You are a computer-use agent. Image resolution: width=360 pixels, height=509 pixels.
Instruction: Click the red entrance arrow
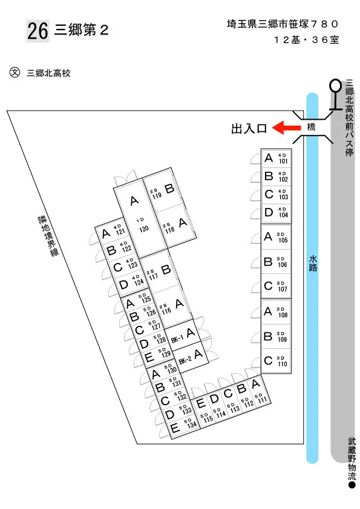(x=286, y=128)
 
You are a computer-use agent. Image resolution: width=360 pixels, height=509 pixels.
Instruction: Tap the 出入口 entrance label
(x=249, y=129)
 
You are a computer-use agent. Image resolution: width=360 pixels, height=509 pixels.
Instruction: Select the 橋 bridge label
(x=311, y=127)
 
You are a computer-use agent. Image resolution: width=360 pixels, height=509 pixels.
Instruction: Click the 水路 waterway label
(x=313, y=263)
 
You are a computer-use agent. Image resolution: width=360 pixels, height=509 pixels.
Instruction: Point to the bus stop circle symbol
(x=335, y=85)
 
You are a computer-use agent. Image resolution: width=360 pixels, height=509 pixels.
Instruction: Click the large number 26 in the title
(x=38, y=31)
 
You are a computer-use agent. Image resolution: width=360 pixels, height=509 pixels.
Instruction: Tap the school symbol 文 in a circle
(x=15, y=73)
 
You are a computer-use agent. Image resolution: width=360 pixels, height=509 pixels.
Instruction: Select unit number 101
(x=283, y=161)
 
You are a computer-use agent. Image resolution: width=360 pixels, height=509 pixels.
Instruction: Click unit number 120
(x=144, y=229)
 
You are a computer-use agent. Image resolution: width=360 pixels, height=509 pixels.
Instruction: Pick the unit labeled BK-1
(x=177, y=339)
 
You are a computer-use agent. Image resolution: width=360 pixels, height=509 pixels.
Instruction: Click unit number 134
(x=192, y=424)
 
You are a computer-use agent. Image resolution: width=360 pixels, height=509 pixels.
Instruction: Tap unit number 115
(x=208, y=419)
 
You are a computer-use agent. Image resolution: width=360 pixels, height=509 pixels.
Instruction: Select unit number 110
(x=283, y=364)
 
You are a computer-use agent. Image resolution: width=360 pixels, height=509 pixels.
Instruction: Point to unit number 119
(x=157, y=196)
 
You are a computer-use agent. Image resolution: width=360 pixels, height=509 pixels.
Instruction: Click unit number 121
(x=120, y=231)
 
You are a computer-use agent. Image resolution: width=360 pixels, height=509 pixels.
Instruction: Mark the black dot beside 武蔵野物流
(x=352, y=485)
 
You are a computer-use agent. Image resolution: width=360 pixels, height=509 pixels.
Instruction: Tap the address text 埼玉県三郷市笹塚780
(x=283, y=24)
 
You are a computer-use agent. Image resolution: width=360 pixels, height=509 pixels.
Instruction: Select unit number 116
(x=166, y=311)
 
